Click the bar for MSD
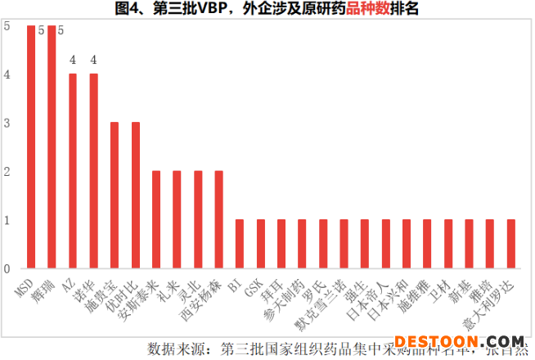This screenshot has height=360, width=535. (31, 147)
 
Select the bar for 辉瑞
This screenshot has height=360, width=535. (52, 147)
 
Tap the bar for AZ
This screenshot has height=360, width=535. (73, 171)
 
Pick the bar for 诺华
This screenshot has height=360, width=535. (93, 171)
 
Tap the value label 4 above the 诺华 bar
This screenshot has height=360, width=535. (93, 60)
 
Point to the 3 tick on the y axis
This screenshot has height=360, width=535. (7, 124)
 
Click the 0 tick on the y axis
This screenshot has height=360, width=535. (7, 268)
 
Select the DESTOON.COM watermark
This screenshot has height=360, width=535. (460, 341)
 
